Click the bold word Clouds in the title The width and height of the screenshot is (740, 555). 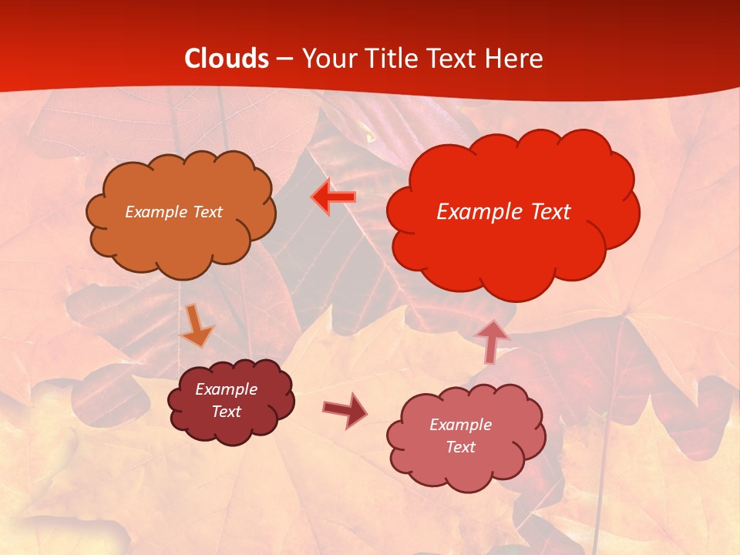[227, 59]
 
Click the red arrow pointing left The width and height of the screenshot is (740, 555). [334, 197]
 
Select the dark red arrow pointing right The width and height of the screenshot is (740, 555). [345, 409]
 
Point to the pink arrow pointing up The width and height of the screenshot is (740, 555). [493, 340]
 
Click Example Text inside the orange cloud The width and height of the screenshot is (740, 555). [173, 212]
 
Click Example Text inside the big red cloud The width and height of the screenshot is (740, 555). [503, 212]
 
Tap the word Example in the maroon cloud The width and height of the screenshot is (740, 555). [227, 389]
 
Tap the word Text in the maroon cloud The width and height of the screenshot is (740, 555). [227, 412]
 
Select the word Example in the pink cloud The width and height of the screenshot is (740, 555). [460, 425]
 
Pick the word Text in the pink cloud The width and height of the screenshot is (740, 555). [460, 447]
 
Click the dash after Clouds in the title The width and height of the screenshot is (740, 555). [284, 59]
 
